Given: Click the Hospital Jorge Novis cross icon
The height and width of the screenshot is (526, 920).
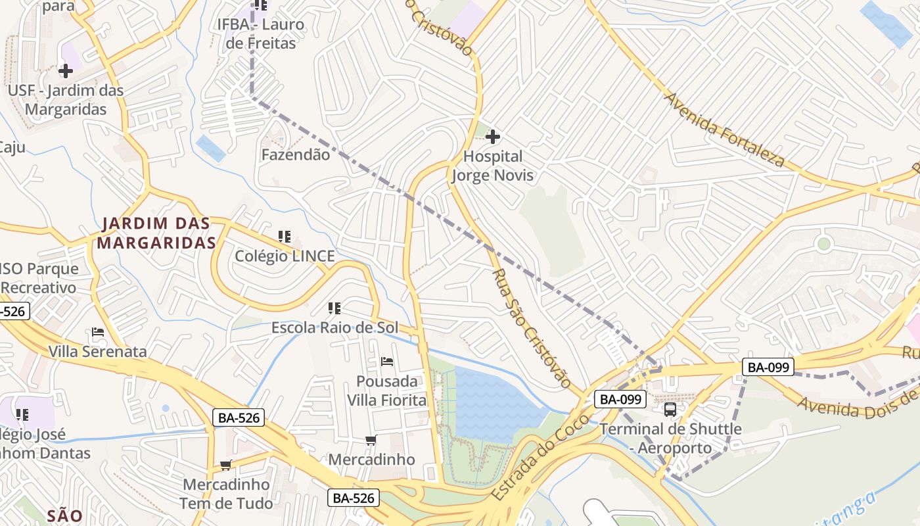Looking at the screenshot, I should click(x=493, y=137).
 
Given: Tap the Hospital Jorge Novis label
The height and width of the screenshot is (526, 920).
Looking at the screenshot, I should click(x=493, y=166).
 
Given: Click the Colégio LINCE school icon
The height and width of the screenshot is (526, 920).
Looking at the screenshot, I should click(x=285, y=237).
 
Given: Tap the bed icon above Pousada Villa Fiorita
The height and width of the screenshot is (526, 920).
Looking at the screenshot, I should click(x=387, y=362).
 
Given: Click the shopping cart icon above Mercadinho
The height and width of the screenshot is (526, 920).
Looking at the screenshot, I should click(x=371, y=440).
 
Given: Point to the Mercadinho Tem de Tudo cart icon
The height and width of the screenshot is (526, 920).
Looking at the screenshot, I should click(x=225, y=466).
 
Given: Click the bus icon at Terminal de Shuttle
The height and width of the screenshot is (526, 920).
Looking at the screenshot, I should click(x=670, y=410).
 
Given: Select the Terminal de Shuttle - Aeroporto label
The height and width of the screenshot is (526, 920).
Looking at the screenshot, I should click(x=670, y=439).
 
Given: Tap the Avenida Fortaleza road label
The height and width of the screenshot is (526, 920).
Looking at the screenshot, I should click(x=725, y=130).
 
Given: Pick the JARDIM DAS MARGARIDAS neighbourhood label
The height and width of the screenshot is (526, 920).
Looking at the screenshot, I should click(x=156, y=233).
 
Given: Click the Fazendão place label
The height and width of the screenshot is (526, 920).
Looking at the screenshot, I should click(x=295, y=155).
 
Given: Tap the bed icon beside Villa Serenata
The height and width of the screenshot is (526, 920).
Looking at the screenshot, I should click(x=98, y=332).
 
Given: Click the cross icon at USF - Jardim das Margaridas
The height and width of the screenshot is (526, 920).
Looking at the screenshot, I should click(x=66, y=70).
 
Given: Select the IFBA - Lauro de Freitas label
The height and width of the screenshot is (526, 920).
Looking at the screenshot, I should click(x=261, y=34).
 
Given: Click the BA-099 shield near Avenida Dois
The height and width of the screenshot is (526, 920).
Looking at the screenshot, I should click(x=768, y=367).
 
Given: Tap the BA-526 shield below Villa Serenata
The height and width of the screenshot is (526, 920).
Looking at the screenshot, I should click(x=238, y=417).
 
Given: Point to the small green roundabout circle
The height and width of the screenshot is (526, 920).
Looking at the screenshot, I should click(x=823, y=244).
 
